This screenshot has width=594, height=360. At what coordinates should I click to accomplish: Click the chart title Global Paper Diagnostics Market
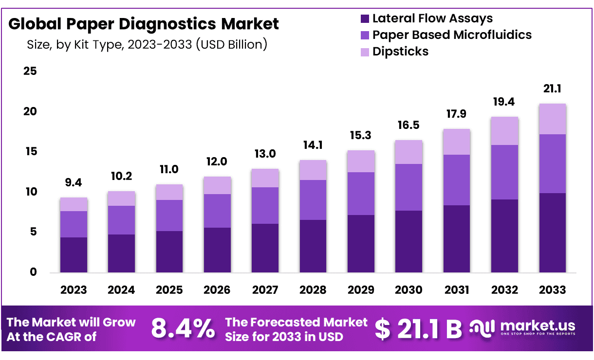click(x=144, y=24)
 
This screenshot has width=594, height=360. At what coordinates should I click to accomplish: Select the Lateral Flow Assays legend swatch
click(x=365, y=19)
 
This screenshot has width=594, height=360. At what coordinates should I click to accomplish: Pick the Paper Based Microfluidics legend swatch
click(x=365, y=35)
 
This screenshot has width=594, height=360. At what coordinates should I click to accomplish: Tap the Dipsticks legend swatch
click(x=365, y=52)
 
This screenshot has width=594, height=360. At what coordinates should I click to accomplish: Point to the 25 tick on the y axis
click(x=30, y=72)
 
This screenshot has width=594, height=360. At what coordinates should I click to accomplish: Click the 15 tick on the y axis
click(x=30, y=152)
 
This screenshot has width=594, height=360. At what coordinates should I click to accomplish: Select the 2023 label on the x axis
click(x=74, y=290)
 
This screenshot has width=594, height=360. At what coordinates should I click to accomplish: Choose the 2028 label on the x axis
click(x=313, y=290)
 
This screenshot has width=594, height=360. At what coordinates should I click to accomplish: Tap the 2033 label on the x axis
click(x=553, y=290)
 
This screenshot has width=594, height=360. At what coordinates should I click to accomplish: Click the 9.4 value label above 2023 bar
click(x=74, y=183)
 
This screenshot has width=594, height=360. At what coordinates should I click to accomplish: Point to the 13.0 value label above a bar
click(x=265, y=154)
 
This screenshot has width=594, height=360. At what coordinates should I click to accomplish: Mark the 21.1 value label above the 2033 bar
click(x=553, y=89)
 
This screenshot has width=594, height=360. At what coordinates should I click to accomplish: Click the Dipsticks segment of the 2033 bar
click(x=553, y=119)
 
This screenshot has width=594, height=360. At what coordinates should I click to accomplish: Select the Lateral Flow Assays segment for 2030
click(x=409, y=241)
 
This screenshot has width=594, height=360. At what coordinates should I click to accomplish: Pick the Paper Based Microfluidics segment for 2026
click(x=217, y=211)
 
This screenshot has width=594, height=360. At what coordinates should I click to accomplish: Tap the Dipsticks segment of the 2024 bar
click(x=121, y=198)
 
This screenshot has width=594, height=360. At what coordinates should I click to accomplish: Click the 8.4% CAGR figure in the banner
click(x=183, y=329)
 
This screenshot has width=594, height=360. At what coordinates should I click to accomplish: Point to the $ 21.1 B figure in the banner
click(x=418, y=329)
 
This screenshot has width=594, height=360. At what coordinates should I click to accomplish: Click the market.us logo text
click(x=537, y=325)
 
